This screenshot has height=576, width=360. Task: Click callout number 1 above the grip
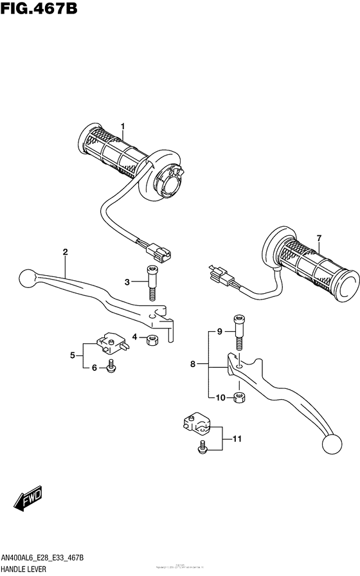[x=122, y=126]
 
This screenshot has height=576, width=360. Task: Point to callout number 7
[x=318, y=239]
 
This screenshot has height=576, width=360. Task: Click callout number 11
[x=236, y=440]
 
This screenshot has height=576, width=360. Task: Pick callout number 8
[x=192, y=365]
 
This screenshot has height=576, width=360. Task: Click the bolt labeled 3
[x=153, y=282]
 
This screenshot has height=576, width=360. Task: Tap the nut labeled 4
[x=153, y=339]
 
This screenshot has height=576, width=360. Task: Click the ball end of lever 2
[x=27, y=278]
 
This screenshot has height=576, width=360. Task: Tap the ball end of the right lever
[x=331, y=445]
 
